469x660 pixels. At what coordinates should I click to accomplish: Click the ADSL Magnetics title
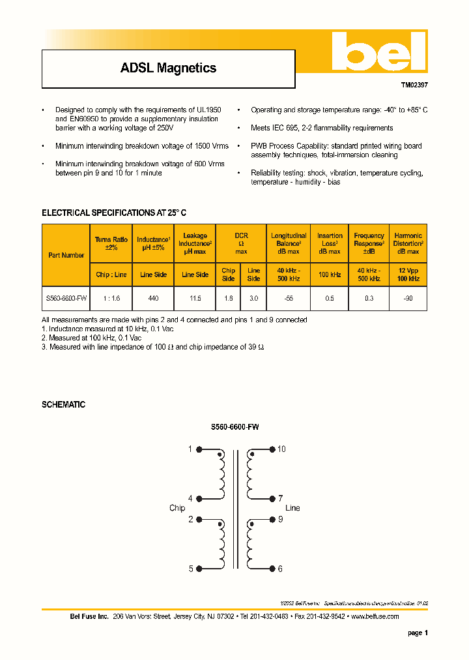168,68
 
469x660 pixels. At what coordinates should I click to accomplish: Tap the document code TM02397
414,85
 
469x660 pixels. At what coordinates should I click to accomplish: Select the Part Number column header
66,255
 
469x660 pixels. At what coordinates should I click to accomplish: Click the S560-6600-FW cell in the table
66,297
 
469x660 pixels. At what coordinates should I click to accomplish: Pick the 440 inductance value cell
154,297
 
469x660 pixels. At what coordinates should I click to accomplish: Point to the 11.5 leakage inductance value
195,297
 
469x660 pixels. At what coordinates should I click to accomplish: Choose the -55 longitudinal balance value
289,297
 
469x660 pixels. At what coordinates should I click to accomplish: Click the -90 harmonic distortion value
408,297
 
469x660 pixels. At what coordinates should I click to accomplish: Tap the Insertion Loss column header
330,243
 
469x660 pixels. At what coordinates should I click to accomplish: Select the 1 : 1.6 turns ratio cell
111,297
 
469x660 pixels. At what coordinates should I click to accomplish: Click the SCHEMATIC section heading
63,404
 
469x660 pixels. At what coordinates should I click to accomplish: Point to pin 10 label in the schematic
281,449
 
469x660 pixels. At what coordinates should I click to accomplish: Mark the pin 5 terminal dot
199,569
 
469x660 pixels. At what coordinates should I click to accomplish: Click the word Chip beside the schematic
177,508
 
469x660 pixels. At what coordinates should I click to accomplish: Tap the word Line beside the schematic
292,508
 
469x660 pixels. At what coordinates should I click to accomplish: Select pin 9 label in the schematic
280,520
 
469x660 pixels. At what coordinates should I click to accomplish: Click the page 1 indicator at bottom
418,633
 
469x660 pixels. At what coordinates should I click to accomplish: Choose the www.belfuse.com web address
375,616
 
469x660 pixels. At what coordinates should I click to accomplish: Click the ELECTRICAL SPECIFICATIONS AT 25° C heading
114,213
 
